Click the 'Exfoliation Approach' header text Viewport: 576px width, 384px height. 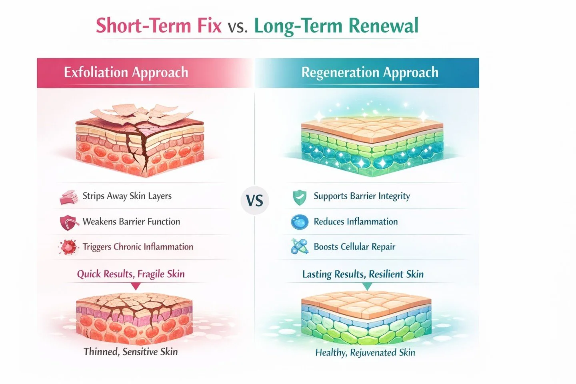pos(126,72)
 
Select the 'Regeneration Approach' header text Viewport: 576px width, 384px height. pos(370,72)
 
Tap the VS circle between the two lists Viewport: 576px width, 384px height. pos(255,200)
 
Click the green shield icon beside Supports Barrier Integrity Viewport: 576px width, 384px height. pos(299,197)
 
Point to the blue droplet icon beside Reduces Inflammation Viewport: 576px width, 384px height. pos(300,222)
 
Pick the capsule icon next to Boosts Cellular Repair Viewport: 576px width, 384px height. pos(300,247)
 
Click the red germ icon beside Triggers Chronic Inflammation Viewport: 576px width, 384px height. pos(68,247)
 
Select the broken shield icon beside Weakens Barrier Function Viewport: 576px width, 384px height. pos(68,222)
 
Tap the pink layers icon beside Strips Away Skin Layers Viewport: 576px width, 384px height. pos(68,197)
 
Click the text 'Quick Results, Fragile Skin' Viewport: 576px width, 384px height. pos(131,274)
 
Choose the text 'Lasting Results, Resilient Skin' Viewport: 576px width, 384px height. pos(363,274)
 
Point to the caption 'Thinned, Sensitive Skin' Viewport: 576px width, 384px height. pos(131,352)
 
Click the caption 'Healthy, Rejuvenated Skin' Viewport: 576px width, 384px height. pos(365,352)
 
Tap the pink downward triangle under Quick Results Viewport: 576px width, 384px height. pos(136,286)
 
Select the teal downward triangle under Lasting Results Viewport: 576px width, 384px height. pos(367,286)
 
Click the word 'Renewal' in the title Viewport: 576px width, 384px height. pos(383,26)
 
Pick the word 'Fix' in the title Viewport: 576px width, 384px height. pos(209,26)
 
